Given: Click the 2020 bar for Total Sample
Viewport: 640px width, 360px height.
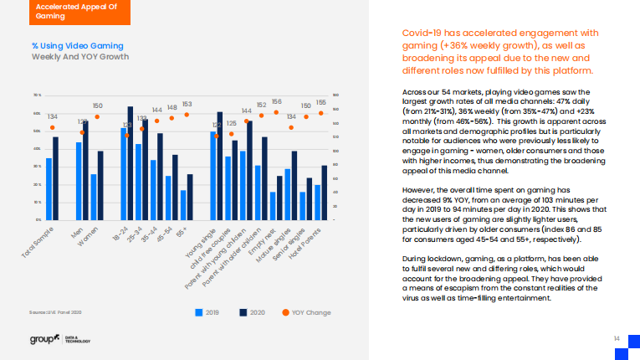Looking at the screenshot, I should (55, 178).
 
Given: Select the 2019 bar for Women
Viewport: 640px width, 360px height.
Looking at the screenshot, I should (94, 197).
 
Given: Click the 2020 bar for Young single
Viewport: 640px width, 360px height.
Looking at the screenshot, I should (220, 166).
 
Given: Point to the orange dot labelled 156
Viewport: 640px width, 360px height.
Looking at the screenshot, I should (276, 111).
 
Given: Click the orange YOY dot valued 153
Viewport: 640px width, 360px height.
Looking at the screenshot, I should (187, 115).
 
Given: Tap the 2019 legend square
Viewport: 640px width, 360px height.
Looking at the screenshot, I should (199, 312).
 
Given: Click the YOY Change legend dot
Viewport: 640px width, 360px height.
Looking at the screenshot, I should (286, 312).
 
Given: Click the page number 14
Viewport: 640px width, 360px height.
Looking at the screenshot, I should (616, 337).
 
